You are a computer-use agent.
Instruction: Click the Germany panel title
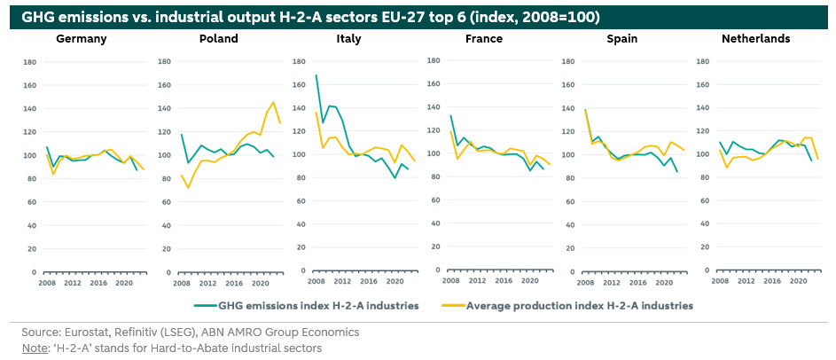(82, 39)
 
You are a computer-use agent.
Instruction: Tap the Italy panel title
(348, 39)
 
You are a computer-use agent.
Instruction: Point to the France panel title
(483, 39)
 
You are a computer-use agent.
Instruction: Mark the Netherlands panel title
(756, 39)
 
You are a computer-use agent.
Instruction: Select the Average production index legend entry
(579, 305)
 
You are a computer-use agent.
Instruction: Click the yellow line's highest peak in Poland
(273, 101)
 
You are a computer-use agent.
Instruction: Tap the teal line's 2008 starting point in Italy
(316, 75)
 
